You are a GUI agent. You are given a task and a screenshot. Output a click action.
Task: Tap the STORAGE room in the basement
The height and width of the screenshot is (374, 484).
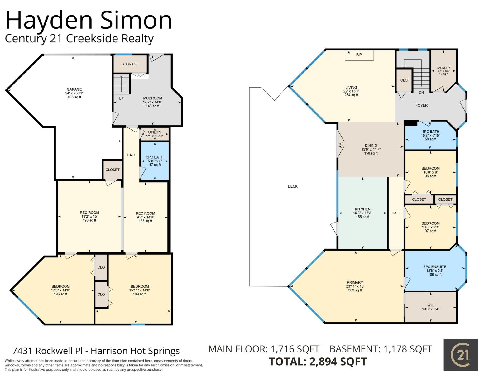130,64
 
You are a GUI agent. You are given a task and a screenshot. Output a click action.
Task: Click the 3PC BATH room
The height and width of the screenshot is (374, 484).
155,161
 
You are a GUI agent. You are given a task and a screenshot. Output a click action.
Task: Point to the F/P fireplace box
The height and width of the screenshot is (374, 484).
359,55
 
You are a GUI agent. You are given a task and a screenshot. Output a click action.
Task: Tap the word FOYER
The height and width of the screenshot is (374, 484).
421,105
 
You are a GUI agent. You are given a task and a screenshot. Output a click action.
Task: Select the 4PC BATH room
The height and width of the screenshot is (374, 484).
430,135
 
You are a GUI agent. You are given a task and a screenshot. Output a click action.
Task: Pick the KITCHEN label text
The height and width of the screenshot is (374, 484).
362,209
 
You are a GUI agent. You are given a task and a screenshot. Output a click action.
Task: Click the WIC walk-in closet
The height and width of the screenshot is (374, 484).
430,307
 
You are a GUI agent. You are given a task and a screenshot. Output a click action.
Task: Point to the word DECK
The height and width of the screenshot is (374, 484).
293,186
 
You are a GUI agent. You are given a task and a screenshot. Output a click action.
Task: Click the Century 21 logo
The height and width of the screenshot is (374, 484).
461,355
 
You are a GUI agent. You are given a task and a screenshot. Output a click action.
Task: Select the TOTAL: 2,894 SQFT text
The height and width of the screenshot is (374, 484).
318,362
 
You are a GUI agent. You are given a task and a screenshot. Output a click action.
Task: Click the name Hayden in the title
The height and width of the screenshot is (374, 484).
49,21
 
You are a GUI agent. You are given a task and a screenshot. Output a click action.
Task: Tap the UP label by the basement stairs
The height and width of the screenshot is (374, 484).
121,98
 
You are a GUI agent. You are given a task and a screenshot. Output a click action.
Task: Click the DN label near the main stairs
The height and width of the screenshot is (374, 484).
421,93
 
